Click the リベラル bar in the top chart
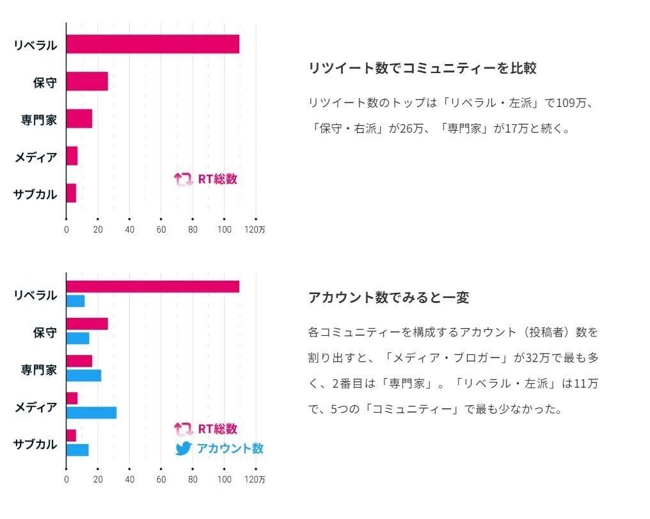152,44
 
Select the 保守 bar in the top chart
87,81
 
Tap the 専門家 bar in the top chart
79,119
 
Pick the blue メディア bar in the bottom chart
91,413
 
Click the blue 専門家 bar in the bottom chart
84,375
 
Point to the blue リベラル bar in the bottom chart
75,301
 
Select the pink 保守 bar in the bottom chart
87,324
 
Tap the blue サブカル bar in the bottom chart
77,450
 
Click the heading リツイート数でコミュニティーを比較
422,68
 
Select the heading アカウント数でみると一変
389,297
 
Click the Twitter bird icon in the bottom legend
184,449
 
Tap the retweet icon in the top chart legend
184,179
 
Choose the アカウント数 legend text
230,449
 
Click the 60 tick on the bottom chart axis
161,479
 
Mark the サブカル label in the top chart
35,194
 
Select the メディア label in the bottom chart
36,407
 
